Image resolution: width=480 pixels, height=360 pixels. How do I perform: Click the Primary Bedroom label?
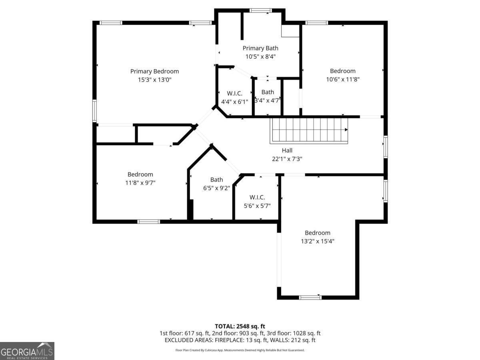point(154,72)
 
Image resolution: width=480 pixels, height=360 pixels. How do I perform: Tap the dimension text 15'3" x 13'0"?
point(154,80)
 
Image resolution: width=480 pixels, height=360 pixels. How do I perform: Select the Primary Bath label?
point(260,48)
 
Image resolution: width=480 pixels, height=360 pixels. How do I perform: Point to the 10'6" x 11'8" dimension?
point(343,79)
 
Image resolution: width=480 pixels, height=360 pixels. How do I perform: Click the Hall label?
point(287,150)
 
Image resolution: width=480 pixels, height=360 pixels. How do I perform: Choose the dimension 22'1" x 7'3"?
point(287,159)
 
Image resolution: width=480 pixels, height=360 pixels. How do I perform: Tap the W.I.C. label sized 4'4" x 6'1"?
point(234,94)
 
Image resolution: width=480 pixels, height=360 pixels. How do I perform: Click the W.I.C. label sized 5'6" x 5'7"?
point(257,197)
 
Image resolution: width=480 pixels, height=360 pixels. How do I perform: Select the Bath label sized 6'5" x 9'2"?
point(216,180)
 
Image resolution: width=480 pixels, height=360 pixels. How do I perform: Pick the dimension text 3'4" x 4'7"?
point(268,100)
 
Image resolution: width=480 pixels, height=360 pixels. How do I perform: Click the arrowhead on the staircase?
point(346,130)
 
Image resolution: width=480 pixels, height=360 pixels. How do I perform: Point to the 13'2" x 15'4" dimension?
point(318,241)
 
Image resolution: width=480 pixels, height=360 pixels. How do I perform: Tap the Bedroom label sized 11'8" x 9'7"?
point(140,174)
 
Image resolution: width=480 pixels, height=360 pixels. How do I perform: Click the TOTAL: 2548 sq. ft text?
point(240,326)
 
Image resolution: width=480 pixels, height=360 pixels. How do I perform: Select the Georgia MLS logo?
point(27,351)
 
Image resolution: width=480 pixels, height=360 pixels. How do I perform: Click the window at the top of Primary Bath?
point(261,10)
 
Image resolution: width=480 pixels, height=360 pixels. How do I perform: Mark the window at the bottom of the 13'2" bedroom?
point(310,298)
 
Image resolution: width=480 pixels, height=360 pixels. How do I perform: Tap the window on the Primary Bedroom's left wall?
point(94,111)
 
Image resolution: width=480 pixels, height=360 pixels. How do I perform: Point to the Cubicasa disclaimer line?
point(240,350)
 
